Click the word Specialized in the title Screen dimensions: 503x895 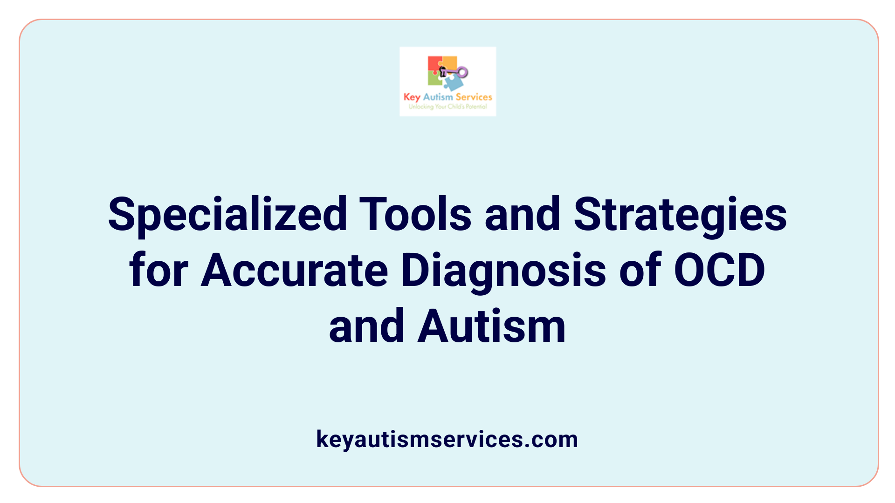coord(227,215)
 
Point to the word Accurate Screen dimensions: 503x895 coord(295,271)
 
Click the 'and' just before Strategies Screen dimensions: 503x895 coord(523,214)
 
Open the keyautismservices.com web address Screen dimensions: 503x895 coord(447,439)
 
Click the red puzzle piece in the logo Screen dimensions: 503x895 coord(434,64)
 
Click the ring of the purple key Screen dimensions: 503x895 coord(462,72)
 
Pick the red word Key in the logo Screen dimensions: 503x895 coord(412,97)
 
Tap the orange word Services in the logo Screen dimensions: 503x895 coord(474,97)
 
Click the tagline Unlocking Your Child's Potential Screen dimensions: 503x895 coord(447,107)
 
